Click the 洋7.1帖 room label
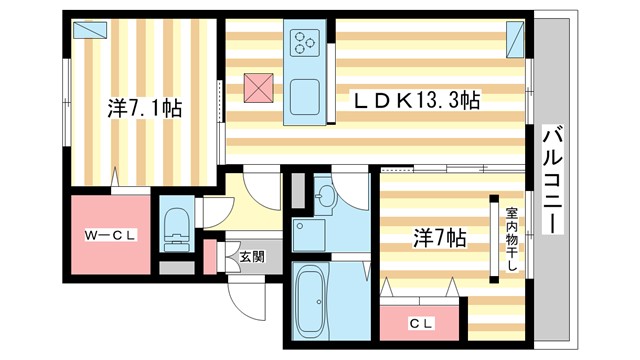click(x=144, y=108)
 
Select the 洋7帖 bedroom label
click(x=440, y=238)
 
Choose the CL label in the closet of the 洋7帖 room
click(x=421, y=323)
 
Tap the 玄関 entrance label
click(x=251, y=256)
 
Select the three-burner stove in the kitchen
click(x=304, y=43)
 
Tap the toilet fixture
click(x=176, y=228)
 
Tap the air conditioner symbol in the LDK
click(x=516, y=40)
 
